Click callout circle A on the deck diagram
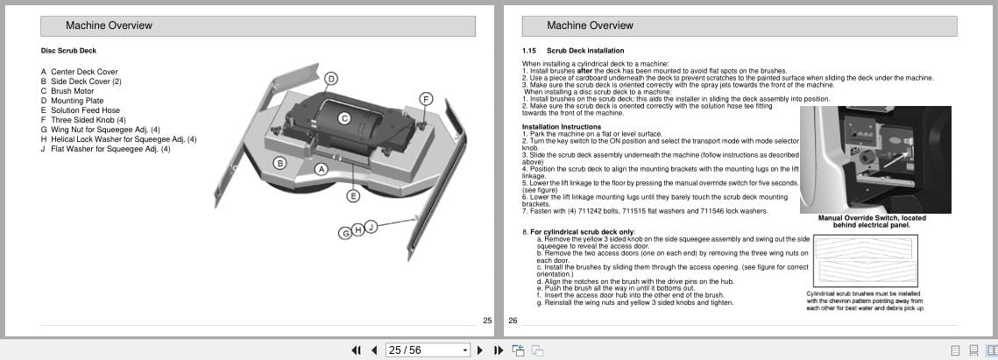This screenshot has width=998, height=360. (322, 168)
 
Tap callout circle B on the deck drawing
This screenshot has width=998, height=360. (280, 163)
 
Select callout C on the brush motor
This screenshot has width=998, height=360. (344, 117)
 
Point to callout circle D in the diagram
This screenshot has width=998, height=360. (331, 79)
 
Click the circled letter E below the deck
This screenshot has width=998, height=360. (353, 196)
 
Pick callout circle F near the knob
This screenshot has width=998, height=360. (426, 99)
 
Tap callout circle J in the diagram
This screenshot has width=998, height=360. (371, 227)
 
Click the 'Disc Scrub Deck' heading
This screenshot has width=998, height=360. (68, 51)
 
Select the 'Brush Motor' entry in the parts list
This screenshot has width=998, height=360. (72, 91)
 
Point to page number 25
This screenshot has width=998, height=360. (487, 321)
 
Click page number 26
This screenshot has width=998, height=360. (513, 321)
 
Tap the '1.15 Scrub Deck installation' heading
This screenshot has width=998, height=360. (573, 51)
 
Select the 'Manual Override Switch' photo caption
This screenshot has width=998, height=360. (872, 222)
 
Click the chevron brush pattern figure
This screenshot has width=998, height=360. (865, 262)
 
